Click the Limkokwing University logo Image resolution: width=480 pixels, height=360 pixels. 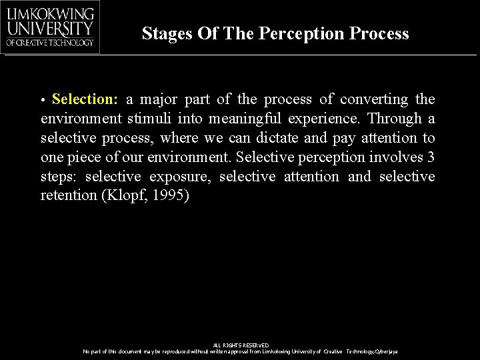pos(51,27)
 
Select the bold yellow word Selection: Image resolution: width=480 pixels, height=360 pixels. pos(85,99)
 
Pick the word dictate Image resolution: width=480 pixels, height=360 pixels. pos(288,138)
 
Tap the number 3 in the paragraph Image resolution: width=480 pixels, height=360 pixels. pos(431,157)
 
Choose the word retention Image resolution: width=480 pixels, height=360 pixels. pos(67,196)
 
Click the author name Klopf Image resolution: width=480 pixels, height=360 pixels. pos(122,196)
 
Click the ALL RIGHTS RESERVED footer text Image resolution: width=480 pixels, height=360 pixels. pos(240,345)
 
